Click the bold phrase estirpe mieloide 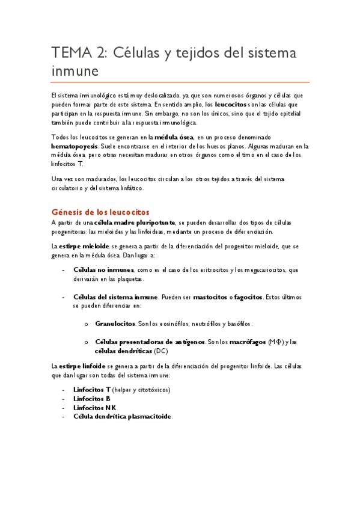84,246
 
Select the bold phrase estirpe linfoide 82,366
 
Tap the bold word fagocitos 245,297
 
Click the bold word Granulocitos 115,324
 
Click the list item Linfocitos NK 95,407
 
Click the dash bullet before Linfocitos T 64,390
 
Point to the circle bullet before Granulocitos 87,324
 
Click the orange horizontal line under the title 180,82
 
